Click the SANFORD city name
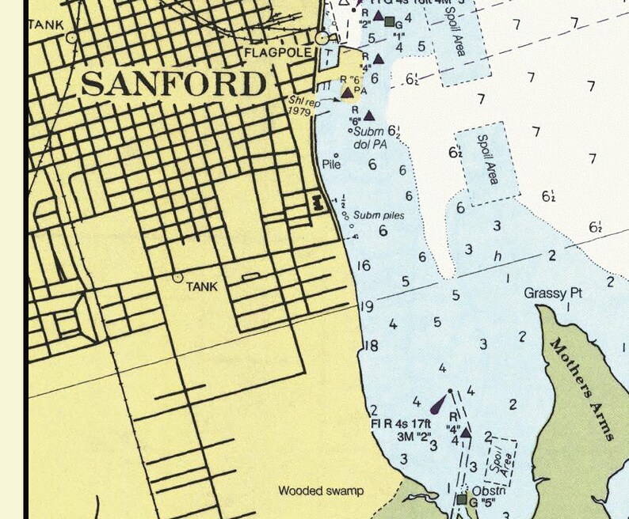coord(173,83)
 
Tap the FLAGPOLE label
coord(274,54)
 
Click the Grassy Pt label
coord(553,294)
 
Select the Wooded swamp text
coord(321,491)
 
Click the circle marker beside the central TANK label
coord(177,278)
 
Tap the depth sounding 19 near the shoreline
coord(366,307)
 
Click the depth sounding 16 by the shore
coord(364,266)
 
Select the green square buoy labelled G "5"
coord(462,499)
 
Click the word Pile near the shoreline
coord(332,165)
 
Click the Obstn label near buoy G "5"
coord(489,491)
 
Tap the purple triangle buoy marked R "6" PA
coord(347,93)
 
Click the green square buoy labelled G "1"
coord(390,21)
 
